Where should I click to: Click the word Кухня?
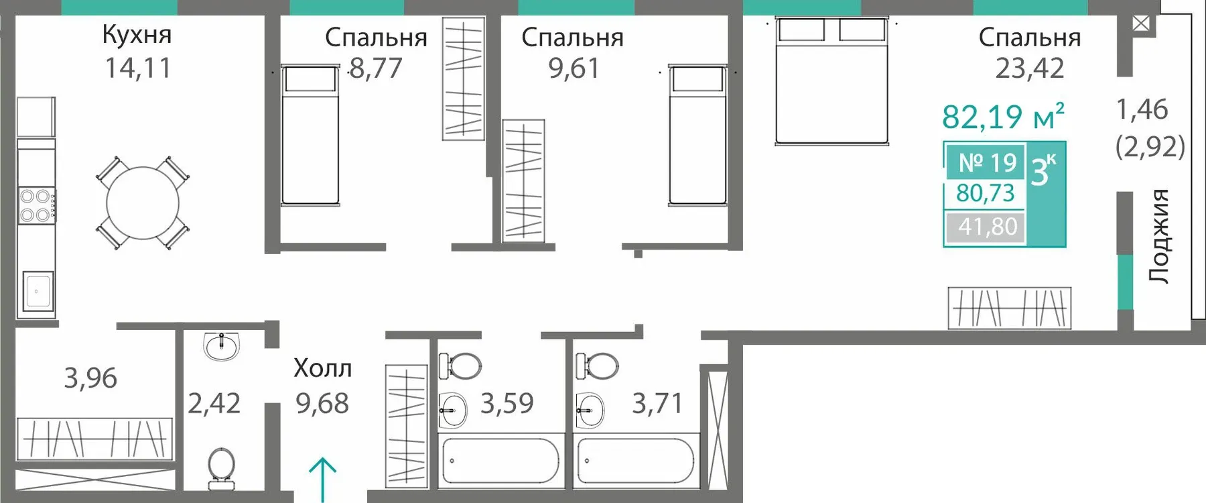point(137,34)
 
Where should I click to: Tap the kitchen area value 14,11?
point(138,68)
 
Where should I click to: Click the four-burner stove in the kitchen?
point(36,206)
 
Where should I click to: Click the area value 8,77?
point(375,68)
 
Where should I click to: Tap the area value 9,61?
point(574,68)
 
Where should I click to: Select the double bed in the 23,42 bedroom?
point(831,80)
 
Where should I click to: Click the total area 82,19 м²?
point(1003,117)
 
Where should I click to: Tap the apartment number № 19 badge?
point(986,162)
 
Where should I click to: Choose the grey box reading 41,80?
point(986,227)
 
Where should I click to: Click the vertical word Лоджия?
point(1158,235)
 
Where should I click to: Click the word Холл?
point(322,368)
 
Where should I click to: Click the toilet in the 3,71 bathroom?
point(598,366)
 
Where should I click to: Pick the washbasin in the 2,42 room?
point(221,346)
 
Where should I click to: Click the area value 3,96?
point(90,378)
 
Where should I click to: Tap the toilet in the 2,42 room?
point(221,467)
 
